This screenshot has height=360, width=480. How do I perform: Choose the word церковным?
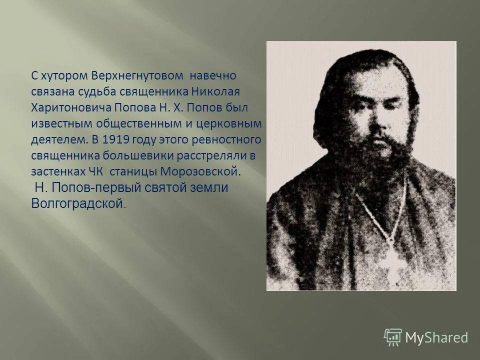tap(229, 124)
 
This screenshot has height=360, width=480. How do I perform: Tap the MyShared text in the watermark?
tap(437, 338)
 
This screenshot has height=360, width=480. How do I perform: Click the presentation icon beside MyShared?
tap(392, 337)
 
